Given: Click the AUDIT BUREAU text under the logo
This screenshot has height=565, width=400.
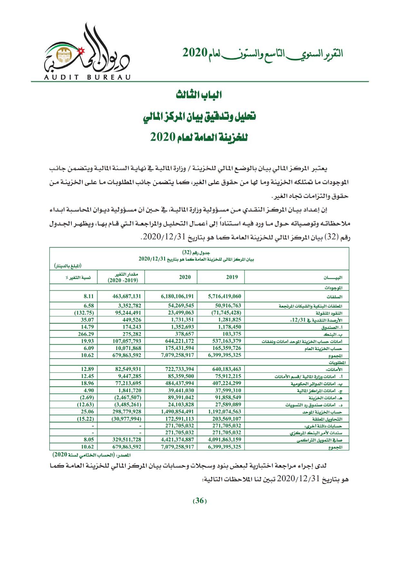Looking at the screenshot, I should tap(86, 77).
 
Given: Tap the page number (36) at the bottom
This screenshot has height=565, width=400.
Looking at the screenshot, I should tap(200, 501).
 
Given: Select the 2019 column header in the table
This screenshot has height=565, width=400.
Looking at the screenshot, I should tap(232, 277).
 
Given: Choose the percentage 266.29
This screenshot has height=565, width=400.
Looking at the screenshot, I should tap(87, 334).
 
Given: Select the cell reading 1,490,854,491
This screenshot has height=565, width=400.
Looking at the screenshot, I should tap(177, 412).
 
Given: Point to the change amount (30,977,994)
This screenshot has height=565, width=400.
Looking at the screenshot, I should tap(126, 419).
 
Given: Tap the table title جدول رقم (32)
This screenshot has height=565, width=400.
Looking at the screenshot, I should tap(200, 251).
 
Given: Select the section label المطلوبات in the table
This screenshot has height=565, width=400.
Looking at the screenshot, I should tap(335, 363).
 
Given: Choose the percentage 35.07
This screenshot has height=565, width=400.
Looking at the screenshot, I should tap(88, 320).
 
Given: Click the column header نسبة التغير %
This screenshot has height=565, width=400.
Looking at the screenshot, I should tap(78, 277).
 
